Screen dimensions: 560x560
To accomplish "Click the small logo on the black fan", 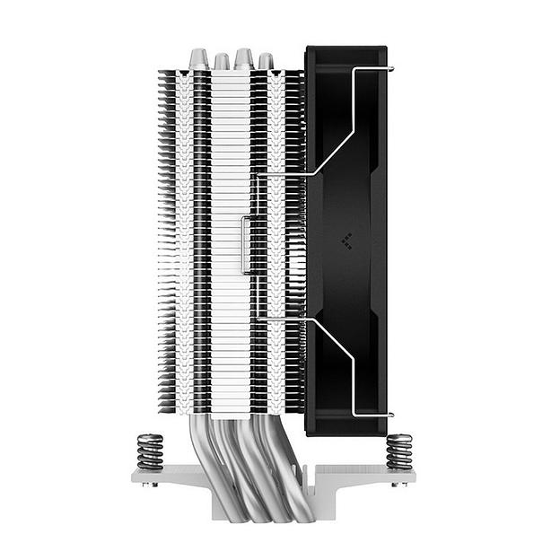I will (x=346, y=240).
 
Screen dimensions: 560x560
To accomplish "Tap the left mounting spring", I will (x=150, y=451).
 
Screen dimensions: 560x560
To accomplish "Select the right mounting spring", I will (x=398, y=451).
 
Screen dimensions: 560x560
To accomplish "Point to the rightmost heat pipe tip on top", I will (x=266, y=61).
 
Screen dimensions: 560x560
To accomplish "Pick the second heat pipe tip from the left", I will (x=222, y=61).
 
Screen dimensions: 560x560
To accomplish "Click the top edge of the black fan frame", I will (x=346, y=48).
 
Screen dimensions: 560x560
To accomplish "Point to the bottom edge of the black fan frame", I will (x=346, y=433).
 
